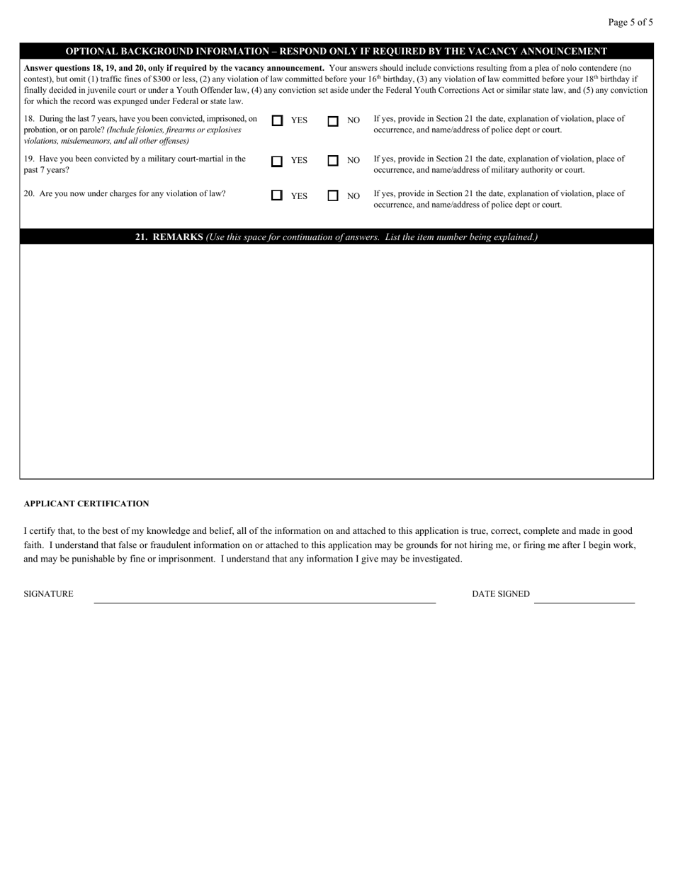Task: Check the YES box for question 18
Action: (x=277, y=121)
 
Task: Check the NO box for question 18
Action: (x=332, y=121)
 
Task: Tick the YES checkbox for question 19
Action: (x=277, y=161)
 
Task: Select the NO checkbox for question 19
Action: (x=332, y=161)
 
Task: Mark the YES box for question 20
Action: (x=277, y=195)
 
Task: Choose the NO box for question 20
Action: (x=332, y=196)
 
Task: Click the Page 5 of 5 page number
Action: (x=630, y=22)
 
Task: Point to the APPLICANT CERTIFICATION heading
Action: (x=86, y=504)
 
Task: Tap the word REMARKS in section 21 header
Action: (x=178, y=237)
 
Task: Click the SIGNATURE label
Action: (x=48, y=594)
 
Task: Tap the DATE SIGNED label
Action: (x=500, y=594)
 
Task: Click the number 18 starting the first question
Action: (x=28, y=119)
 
